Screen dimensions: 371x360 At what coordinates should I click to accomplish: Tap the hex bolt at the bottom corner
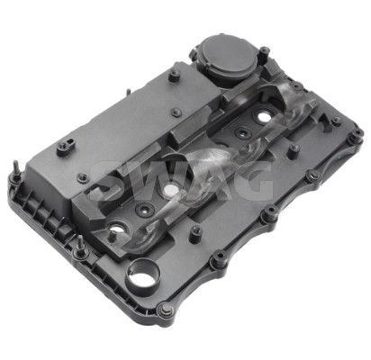(x=164, y=310)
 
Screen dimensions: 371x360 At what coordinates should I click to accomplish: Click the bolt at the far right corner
(x=357, y=134)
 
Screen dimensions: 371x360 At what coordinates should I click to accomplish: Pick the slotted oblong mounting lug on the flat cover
(x=66, y=147)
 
